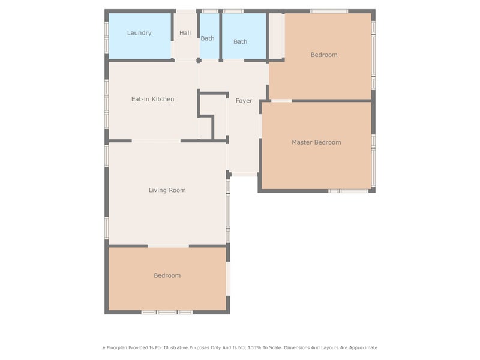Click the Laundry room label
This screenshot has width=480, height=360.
point(139,33)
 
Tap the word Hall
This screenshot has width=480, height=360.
point(185,33)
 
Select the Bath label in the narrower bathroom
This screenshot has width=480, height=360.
point(208,38)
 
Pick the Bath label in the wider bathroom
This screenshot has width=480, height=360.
point(240,41)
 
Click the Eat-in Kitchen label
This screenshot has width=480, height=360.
point(152,99)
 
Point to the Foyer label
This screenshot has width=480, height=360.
point(244,101)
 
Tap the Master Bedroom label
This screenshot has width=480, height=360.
point(316,142)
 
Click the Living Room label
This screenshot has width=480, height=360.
point(167,190)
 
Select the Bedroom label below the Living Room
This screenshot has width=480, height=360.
point(167,275)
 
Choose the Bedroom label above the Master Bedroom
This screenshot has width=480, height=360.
point(324,55)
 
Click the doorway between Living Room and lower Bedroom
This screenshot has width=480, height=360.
point(168,245)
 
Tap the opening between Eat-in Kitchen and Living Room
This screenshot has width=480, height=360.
point(156,141)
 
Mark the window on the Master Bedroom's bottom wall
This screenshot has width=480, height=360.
point(349,191)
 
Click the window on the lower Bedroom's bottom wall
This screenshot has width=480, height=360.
point(167,312)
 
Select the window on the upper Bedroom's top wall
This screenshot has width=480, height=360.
point(329,11)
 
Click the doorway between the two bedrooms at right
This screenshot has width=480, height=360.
point(281,100)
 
